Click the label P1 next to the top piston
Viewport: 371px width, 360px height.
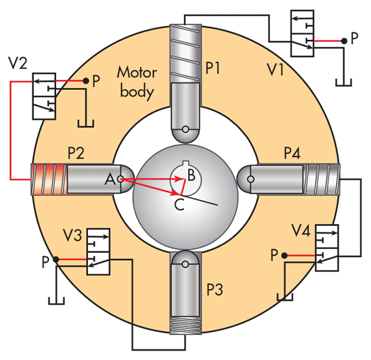click(213, 68)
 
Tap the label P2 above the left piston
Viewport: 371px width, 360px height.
click(76, 153)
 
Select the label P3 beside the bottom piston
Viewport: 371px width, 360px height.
click(214, 289)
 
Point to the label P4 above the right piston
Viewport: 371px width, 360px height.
click(292, 153)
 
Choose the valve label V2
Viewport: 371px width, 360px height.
click(17, 63)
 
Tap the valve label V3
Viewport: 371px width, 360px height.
click(72, 235)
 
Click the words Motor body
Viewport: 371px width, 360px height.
click(137, 82)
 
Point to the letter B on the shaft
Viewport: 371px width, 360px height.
click(191, 175)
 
